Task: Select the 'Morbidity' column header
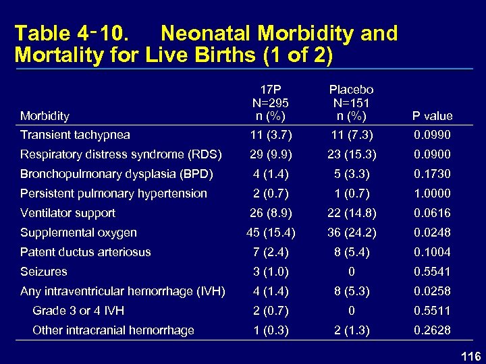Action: coord(45,116)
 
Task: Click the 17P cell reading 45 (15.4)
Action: coord(269,233)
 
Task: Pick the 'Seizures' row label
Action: coord(44,272)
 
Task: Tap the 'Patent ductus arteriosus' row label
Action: coord(86,252)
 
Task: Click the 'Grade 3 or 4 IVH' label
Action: coord(78,311)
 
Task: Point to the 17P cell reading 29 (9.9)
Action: coord(269,154)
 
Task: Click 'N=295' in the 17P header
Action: coord(269,102)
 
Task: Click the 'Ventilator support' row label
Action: coord(67,213)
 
